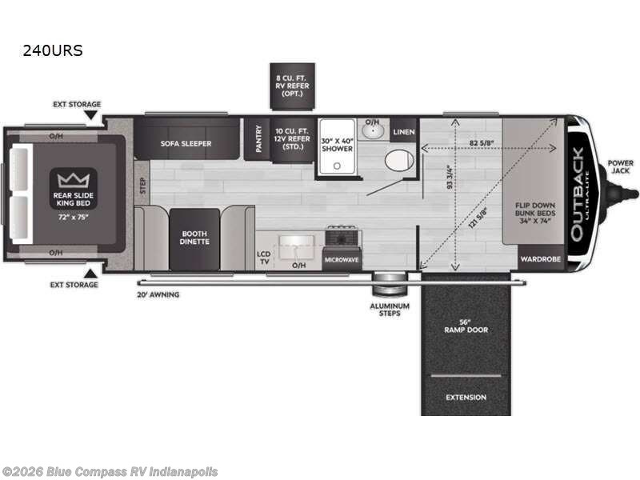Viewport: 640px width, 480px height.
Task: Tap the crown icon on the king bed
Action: [73, 178]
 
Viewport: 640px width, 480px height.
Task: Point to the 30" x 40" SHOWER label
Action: [337, 145]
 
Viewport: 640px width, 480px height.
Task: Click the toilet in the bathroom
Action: [398, 160]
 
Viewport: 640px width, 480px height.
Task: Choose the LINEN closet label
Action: [404, 132]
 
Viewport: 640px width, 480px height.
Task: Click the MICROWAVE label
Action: [341, 260]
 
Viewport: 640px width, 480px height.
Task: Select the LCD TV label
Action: [263, 257]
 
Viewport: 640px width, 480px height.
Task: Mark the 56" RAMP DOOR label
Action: [466, 326]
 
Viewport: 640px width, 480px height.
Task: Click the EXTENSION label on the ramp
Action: [466, 397]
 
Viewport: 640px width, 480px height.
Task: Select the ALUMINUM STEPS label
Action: [390, 310]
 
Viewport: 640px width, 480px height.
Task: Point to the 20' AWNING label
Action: [158, 294]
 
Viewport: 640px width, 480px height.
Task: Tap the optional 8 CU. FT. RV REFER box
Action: [291, 86]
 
